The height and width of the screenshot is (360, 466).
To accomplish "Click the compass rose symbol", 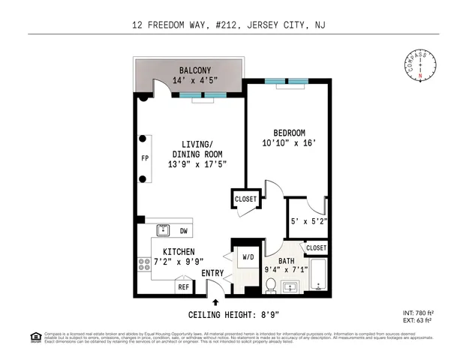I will (420, 64).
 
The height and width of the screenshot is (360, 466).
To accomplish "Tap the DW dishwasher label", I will (183, 231).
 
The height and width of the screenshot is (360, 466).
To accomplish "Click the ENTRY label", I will (213, 272).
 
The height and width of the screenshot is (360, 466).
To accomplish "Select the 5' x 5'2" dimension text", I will (308, 221).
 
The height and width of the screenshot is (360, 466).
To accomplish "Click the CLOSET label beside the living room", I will (246, 199).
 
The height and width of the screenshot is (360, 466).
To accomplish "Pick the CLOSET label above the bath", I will (316, 247).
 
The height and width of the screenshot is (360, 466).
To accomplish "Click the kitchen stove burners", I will (143, 264).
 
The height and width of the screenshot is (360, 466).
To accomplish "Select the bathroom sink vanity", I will (290, 286).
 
